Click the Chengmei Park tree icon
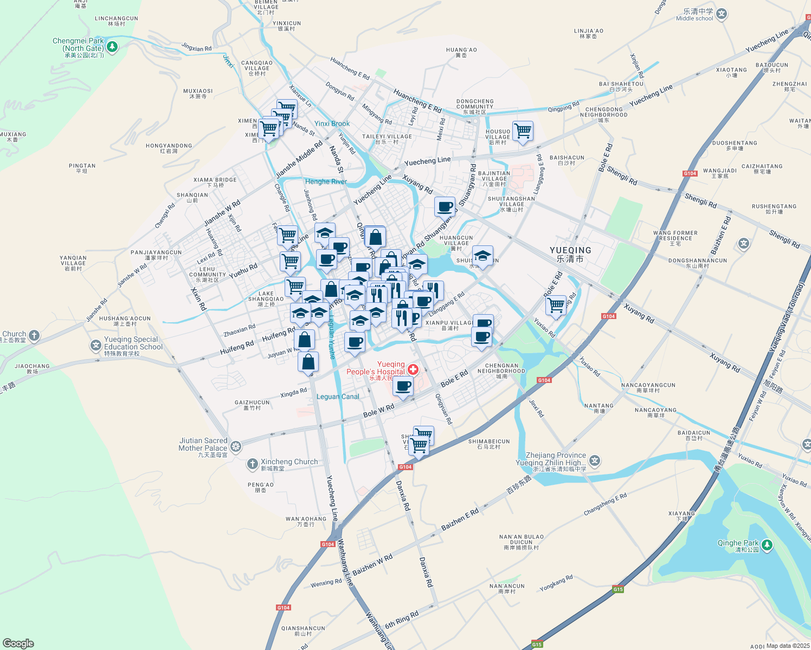click(x=112, y=47)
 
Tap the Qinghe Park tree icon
click(x=767, y=545)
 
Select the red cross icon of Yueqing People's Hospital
click(x=413, y=369)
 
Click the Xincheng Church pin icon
click(x=252, y=464)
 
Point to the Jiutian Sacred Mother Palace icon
click(x=236, y=446)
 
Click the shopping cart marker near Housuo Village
click(x=523, y=131)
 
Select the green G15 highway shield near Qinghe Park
click(x=618, y=589)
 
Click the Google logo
click(x=18, y=643)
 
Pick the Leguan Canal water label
click(x=338, y=396)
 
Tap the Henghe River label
click(x=326, y=181)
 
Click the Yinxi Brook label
click(x=332, y=123)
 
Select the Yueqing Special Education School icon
click(x=95, y=344)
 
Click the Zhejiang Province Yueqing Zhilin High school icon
click(x=595, y=461)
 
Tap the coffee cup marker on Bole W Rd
click(x=403, y=386)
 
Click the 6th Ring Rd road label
click(x=402, y=620)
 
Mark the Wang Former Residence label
click(x=675, y=236)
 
